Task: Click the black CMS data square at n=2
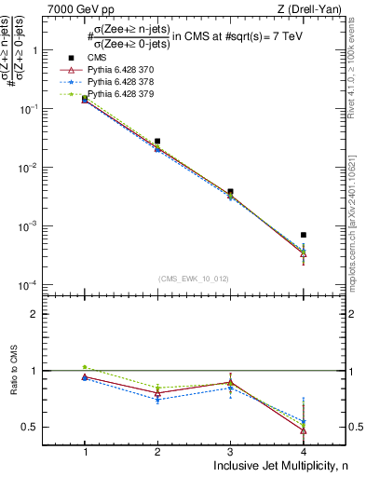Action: click(x=157, y=141)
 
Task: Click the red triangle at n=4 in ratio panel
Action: click(x=304, y=429)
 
